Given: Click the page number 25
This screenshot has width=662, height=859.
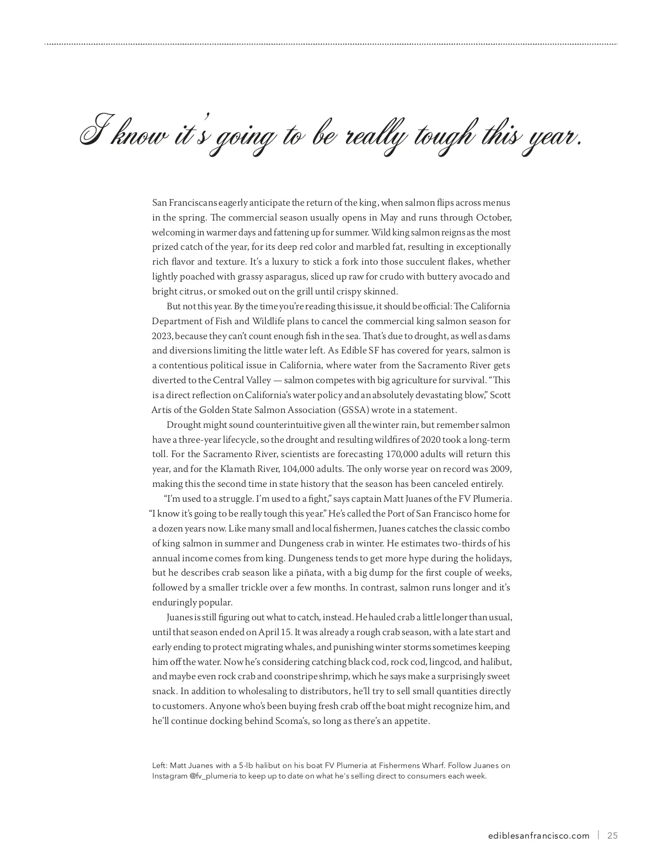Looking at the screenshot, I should coord(612,835).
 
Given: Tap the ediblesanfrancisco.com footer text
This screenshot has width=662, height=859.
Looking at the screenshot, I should coord(539,835).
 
